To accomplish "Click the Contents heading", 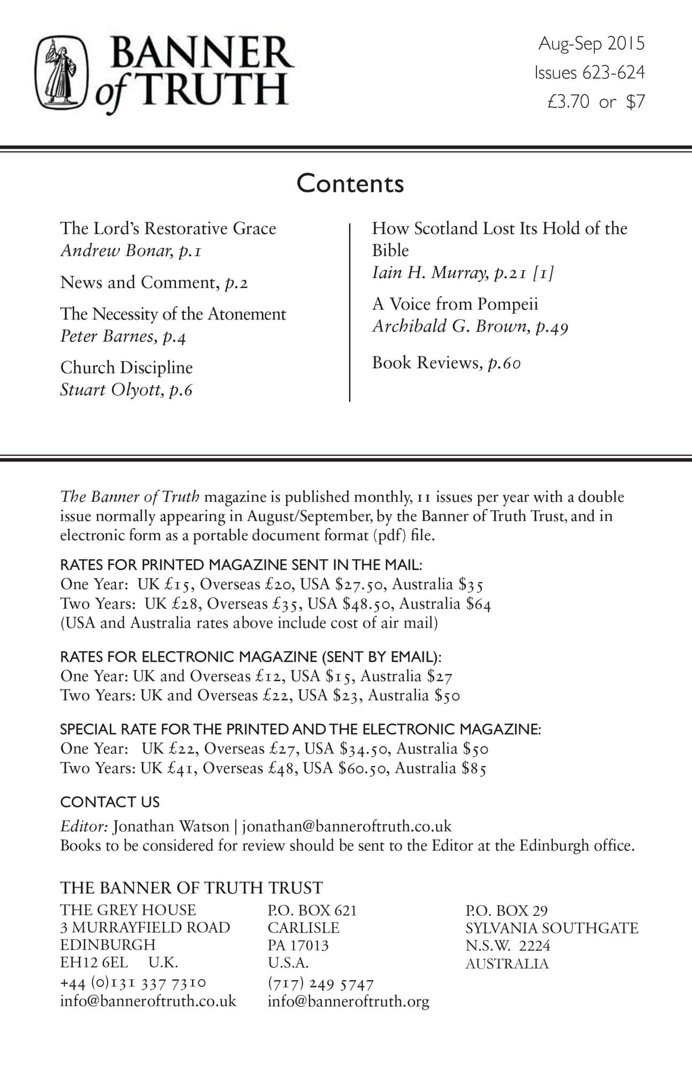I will [x=350, y=184].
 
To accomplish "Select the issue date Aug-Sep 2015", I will [x=591, y=44].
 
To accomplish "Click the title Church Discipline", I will [x=126, y=368].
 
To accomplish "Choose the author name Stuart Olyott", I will [x=111, y=390].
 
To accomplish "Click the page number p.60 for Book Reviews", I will [x=504, y=363].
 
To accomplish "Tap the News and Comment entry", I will [x=154, y=282].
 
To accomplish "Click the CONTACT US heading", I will [x=110, y=802].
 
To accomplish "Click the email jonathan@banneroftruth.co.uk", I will [x=347, y=826].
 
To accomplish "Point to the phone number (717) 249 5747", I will [x=320, y=984].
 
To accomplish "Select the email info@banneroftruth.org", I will [x=348, y=1002].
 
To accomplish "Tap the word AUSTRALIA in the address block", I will [x=506, y=964].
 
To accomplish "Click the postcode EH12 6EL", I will [x=94, y=962].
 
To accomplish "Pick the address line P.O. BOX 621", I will [x=312, y=910].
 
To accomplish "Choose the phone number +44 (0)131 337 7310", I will [x=133, y=983].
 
